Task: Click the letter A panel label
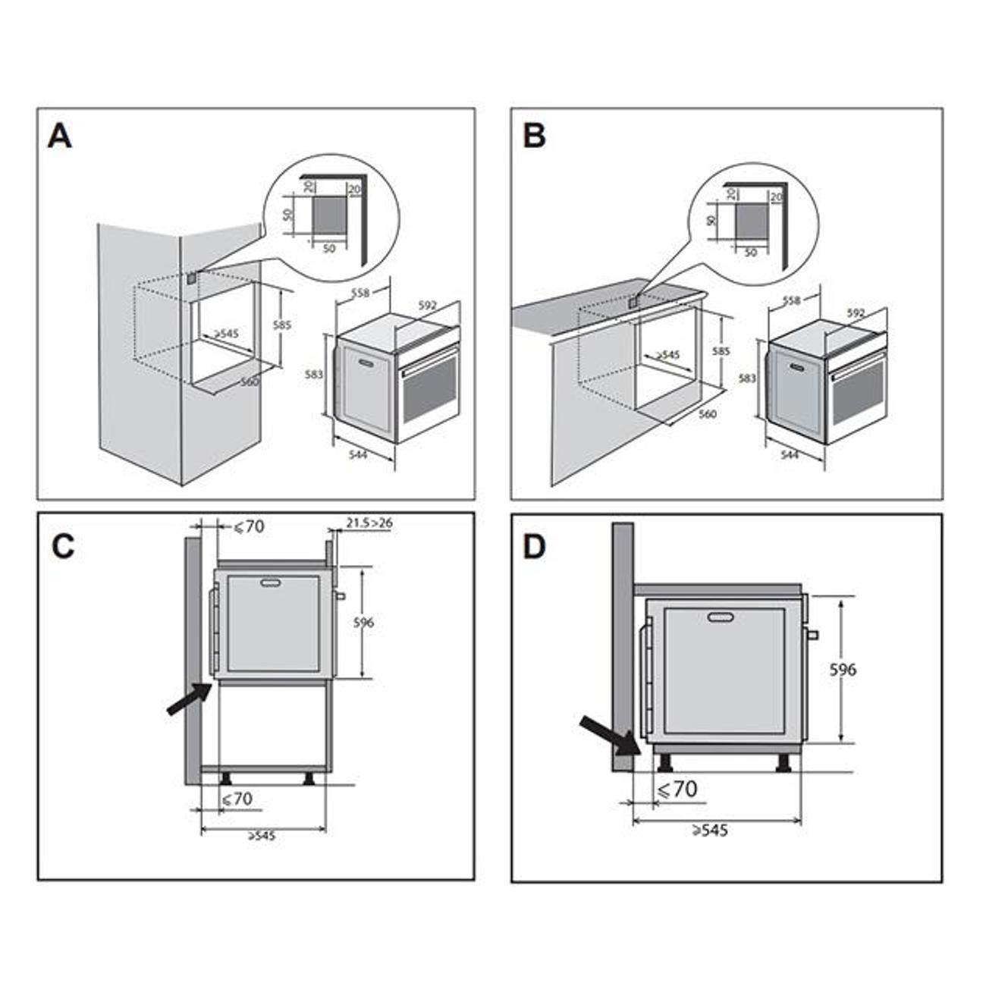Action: pos(60,137)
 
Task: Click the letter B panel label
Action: pos(535,137)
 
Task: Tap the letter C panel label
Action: pos(63,546)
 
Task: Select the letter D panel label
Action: pos(535,548)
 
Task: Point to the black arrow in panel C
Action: pos(188,698)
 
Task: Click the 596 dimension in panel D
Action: pos(843,670)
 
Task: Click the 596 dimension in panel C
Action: pos(363,623)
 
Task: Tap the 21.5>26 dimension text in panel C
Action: pos(369,523)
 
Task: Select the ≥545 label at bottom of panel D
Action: pos(710,831)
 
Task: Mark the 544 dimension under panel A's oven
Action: pos(359,454)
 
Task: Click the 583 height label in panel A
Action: pos(315,374)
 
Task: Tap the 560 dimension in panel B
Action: pos(707,414)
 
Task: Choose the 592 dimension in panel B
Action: pos(856,312)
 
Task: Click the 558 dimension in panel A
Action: pos(360,292)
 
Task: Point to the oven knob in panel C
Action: pos(340,595)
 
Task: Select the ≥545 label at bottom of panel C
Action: pos(262,836)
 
